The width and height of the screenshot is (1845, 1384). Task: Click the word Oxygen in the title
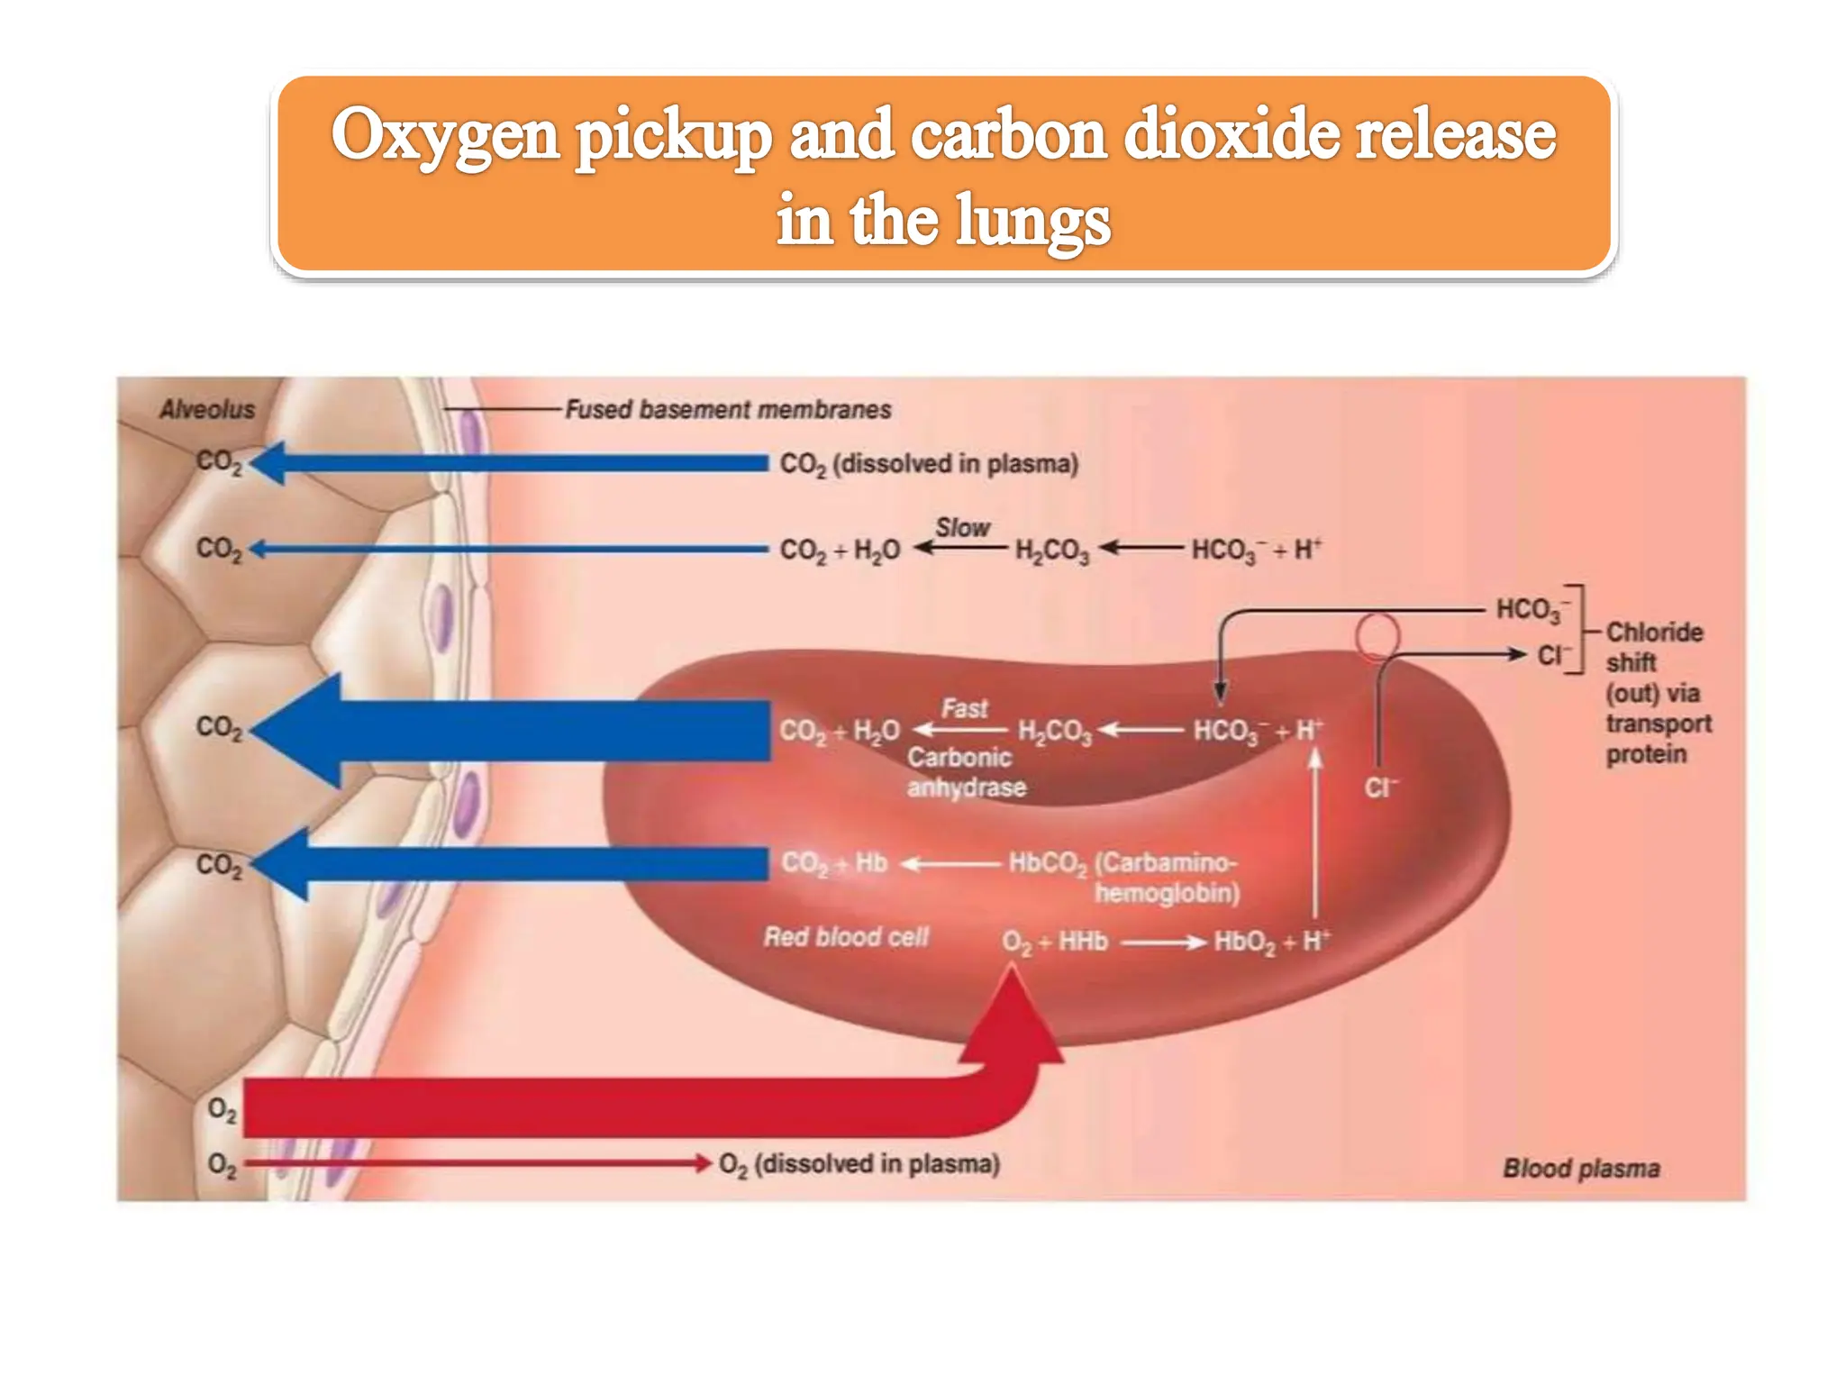click(445, 135)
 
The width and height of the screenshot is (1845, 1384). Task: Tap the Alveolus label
click(207, 409)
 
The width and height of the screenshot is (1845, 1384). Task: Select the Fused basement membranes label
click(728, 409)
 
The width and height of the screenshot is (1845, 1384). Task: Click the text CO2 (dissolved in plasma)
click(929, 464)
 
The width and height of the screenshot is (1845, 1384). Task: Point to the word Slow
click(962, 527)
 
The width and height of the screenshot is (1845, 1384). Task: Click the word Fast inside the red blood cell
click(965, 708)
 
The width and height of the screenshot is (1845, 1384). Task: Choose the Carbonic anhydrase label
click(966, 772)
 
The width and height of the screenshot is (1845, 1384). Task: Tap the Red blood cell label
click(846, 937)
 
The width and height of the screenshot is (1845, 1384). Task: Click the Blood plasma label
click(1581, 1169)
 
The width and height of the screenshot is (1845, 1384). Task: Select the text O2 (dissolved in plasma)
click(859, 1164)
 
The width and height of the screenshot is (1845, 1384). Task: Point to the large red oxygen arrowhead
click(1013, 1013)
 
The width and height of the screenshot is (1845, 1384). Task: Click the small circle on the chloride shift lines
click(1377, 636)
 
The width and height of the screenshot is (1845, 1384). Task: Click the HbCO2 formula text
click(1048, 864)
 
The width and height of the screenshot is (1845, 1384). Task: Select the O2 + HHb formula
click(1055, 942)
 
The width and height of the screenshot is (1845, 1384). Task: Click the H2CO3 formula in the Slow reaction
click(1052, 551)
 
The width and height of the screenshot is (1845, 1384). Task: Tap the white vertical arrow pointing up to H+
click(1315, 834)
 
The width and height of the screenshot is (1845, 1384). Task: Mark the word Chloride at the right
click(1654, 632)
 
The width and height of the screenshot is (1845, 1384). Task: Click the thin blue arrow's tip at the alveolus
click(250, 549)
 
